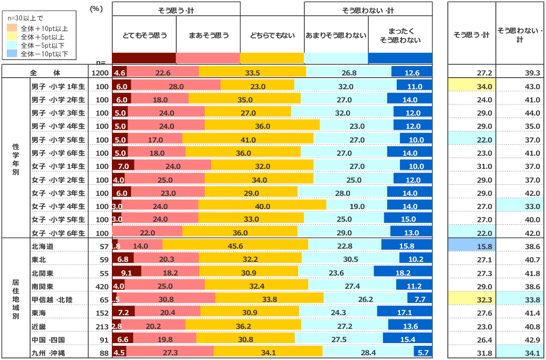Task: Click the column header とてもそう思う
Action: pyautogui.click(x=144, y=36)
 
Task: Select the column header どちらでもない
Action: pyautogui.click(x=272, y=36)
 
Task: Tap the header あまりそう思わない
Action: pyautogui.click(x=336, y=36)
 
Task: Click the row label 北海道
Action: pyautogui.click(x=43, y=246)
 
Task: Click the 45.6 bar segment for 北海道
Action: pyautogui.click(x=235, y=246)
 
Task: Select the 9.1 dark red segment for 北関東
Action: pyautogui.click(x=126, y=273)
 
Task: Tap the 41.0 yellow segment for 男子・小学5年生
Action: pyautogui.click(x=248, y=139)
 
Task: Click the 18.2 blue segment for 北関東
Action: pyautogui.click(x=403, y=273)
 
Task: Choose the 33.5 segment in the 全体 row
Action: pyautogui.click(x=252, y=73)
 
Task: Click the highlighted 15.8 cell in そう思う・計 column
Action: pyautogui.click(x=472, y=246)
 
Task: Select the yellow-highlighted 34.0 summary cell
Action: pyautogui.click(x=472, y=86)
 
